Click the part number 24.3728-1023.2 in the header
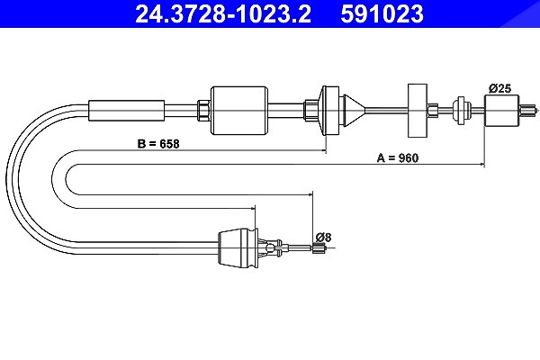point(223,13)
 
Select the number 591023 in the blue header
point(382,13)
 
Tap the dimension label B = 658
point(158,144)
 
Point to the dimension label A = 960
point(398,158)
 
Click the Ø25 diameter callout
point(500,88)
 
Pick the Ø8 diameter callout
point(323,238)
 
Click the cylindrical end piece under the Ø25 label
point(501,110)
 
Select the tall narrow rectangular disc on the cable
point(418,110)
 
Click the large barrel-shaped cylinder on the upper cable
point(239,110)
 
